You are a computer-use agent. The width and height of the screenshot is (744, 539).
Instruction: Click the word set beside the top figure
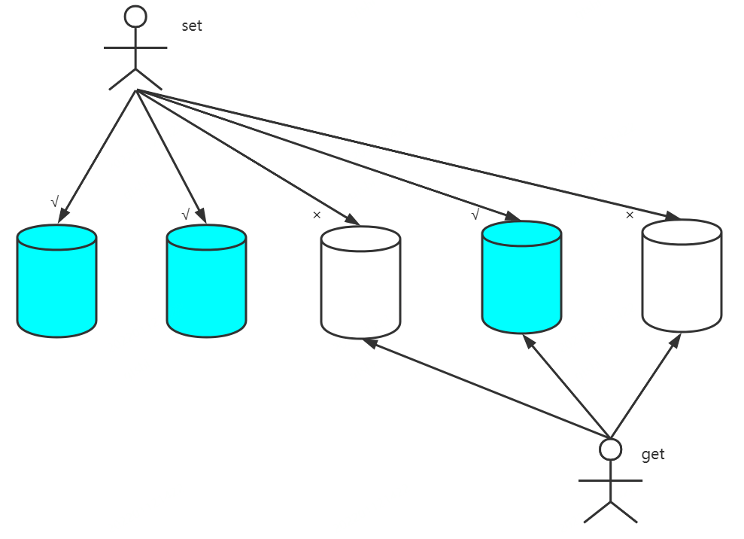click(x=192, y=26)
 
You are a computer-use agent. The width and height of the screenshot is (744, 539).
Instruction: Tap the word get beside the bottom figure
click(x=653, y=455)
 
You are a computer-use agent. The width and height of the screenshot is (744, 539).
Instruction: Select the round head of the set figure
click(x=135, y=17)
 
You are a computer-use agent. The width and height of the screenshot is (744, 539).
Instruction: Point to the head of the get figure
click(x=610, y=449)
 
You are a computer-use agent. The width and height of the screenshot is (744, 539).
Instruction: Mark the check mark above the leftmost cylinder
click(x=54, y=202)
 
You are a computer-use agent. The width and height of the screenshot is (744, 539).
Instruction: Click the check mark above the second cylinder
click(x=185, y=215)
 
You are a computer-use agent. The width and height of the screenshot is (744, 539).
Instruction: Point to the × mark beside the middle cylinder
click(x=317, y=215)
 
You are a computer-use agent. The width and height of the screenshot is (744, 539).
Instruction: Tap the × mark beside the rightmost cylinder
click(x=630, y=215)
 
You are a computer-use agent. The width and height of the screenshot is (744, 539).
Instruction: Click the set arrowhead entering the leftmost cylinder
click(x=63, y=217)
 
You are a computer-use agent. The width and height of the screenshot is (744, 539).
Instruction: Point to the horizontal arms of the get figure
click(x=610, y=480)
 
